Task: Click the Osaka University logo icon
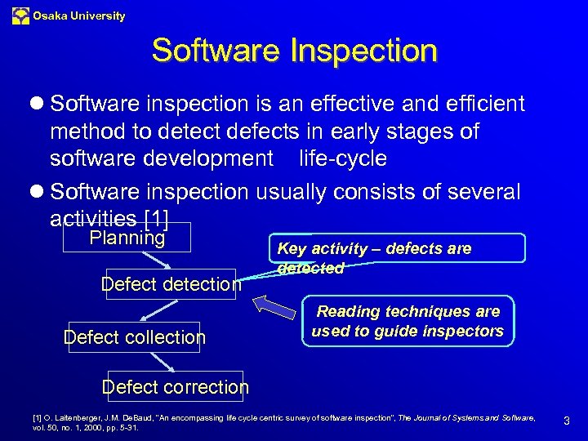[x=20, y=16]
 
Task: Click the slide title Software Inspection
[x=294, y=51]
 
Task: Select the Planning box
[x=127, y=238]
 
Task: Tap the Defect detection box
[x=171, y=284]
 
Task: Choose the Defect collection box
[x=135, y=336]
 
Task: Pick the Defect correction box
[x=176, y=386]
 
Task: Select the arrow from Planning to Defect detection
[x=156, y=261]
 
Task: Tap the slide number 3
[x=566, y=421]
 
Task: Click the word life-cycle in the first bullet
[x=342, y=158]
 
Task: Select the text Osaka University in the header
[x=79, y=16]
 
